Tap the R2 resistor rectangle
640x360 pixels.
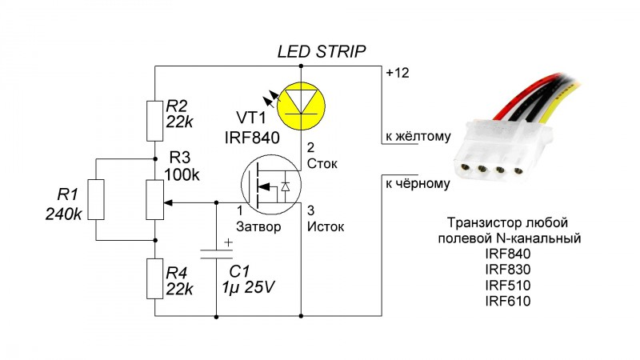pyautogui.click(x=154, y=118)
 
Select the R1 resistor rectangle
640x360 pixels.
pyautogui.click(x=96, y=200)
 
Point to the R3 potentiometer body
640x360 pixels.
pyautogui.click(x=154, y=200)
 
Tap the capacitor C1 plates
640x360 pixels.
pyautogui.click(x=216, y=254)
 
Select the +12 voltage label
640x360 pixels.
pyautogui.click(x=398, y=73)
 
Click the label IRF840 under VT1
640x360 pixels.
pyautogui.click(x=252, y=137)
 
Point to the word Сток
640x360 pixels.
pyautogui.click(x=323, y=165)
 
